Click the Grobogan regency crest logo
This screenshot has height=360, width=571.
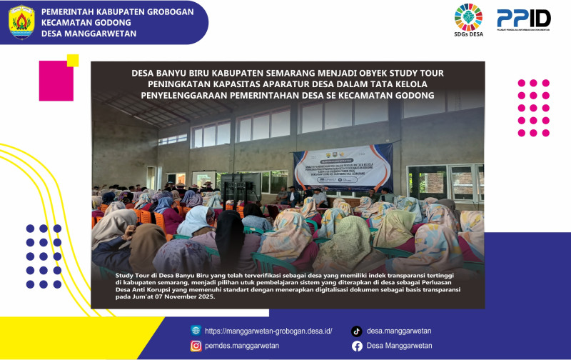[x=21, y=22]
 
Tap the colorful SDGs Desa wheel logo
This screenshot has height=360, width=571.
[x=469, y=19]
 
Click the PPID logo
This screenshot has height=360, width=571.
[x=523, y=19]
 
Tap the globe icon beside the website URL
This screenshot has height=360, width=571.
[x=196, y=331]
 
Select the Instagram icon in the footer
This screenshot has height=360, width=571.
[x=196, y=346]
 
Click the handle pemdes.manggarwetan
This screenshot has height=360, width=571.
[x=242, y=346]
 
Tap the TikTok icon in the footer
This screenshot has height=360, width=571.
[x=357, y=331]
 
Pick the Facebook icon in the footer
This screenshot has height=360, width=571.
[x=357, y=346]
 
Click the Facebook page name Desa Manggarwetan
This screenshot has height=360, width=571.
[x=399, y=346]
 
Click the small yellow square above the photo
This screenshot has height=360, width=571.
[x=72, y=61]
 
